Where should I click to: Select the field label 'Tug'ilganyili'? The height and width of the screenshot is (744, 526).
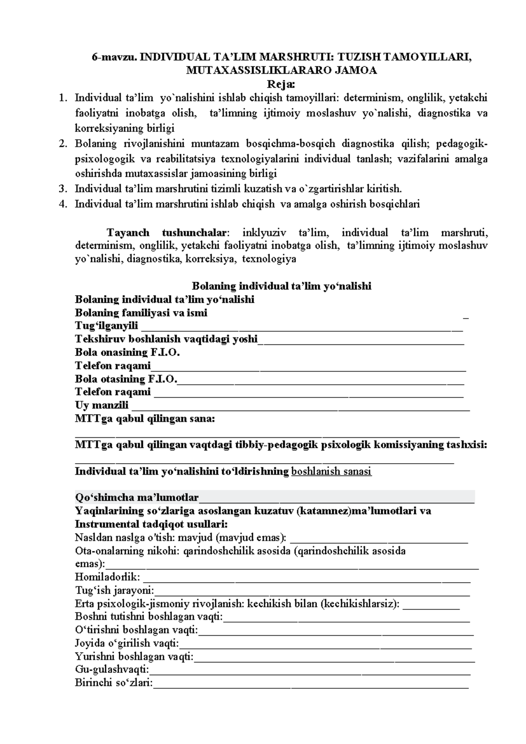click(107, 326)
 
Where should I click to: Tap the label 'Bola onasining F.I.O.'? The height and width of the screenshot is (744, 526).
click(128, 352)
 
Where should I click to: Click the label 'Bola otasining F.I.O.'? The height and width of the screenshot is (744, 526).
click(126, 379)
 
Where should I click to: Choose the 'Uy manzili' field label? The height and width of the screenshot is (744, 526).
click(102, 405)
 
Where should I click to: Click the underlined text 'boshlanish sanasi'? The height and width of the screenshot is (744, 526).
click(331, 472)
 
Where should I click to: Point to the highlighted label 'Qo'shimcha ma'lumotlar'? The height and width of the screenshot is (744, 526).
click(137, 498)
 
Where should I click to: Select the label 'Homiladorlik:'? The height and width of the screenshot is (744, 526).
click(107, 577)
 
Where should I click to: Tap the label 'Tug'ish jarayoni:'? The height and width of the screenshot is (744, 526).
click(114, 590)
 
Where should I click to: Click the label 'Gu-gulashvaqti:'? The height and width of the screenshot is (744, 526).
click(112, 670)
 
